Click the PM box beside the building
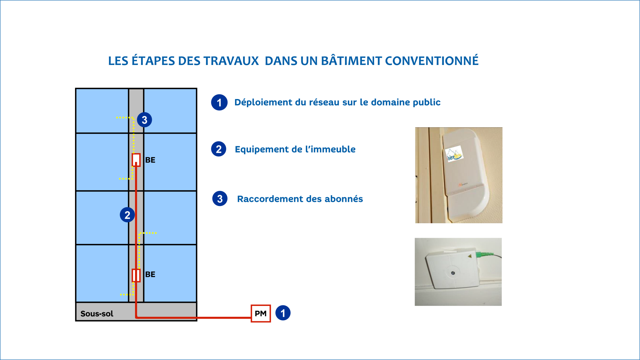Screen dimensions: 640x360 coord(261,313)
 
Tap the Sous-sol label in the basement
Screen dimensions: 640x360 coord(97,314)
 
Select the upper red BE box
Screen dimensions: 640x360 coord(136,160)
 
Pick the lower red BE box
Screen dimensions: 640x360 coord(136,275)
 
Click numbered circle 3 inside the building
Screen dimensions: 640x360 coord(144,120)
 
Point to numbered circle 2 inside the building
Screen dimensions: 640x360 coord(127,215)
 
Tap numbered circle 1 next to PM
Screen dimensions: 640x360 coord(283,313)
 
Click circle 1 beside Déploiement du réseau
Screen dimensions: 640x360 coord(219,102)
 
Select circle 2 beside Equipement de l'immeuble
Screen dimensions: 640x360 coord(219,149)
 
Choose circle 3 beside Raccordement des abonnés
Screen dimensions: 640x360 coord(220,199)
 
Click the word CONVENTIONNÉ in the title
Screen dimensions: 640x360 coord(432,61)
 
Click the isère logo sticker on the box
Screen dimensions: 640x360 coord(454,154)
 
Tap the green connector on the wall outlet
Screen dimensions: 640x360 coord(483,254)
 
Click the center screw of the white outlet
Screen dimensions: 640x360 coord(453,273)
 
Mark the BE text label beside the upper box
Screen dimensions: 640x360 coord(150,160)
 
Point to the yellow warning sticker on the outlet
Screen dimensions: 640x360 coord(469,257)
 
